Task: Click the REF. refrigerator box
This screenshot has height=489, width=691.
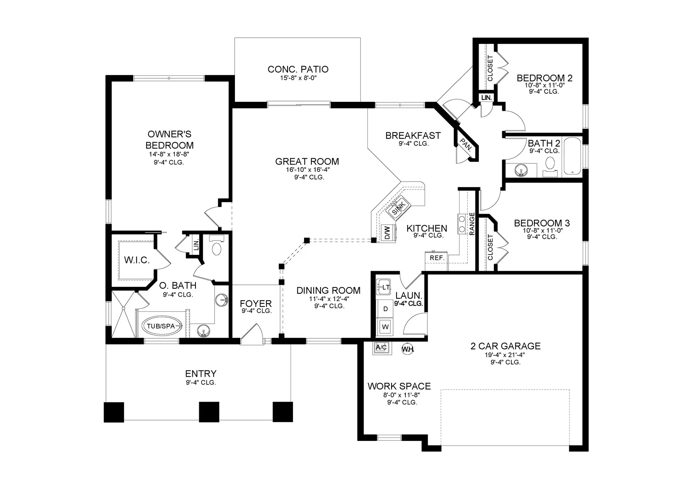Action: pos(437,258)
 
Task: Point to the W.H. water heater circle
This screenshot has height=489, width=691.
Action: pos(407,349)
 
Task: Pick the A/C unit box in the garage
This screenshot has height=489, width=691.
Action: pos(382,348)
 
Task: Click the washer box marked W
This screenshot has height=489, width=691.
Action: pos(385,327)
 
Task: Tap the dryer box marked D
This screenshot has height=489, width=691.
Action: pos(385,309)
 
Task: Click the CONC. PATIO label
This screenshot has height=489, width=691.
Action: pos(298,69)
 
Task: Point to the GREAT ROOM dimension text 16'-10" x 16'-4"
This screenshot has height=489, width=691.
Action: pos(307,170)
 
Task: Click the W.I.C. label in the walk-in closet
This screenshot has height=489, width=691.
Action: pos(137,260)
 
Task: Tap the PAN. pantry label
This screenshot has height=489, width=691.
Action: pos(466,145)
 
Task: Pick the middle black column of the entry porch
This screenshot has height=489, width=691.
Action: pos(209,412)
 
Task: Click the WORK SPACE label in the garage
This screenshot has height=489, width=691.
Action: pos(399,386)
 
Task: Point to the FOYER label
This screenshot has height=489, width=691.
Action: pos(256,304)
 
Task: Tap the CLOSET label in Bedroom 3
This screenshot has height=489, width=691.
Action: pos(490,247)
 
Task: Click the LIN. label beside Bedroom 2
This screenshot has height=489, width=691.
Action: pos(486,98)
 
